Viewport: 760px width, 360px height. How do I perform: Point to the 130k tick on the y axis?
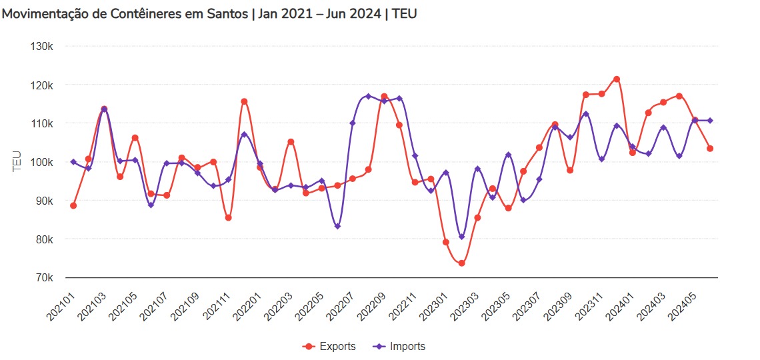coord(42,47)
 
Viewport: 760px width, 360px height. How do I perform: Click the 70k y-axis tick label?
coord(43,277)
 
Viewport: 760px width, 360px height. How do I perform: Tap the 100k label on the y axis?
coord(42,162)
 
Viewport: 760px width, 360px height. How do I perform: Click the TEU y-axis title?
coord(17,162)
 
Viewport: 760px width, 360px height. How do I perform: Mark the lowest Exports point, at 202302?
coord(461,263)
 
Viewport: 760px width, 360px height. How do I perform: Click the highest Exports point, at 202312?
coord(617,79)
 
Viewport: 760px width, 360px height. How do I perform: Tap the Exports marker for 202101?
coord(73,205)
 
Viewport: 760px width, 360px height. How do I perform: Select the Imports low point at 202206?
coord(337,227)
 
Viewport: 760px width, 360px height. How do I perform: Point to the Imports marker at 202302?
coord(461,237)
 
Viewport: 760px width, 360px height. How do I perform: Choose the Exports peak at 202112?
coord(244,101)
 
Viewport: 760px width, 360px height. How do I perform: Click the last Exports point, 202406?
coord(710,149)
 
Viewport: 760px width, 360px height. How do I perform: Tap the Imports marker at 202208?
coord(368,96)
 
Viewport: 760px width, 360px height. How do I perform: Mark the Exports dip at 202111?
coord(229,217)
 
